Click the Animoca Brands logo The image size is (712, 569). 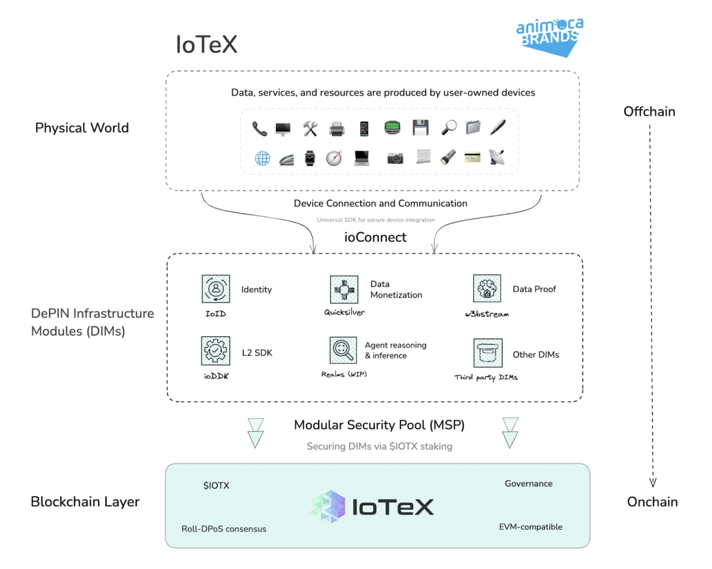(550, 37)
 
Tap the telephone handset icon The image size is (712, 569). (259, 129)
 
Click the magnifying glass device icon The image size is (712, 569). (449, 127)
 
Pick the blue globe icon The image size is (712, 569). (262, 158)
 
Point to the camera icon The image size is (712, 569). (395, 158)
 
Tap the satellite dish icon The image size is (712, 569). (497, 157)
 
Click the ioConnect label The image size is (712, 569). (375, 237)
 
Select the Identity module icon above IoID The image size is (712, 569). (216, 289)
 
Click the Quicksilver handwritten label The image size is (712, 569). (344, 312)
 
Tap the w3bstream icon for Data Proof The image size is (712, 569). (487, 288)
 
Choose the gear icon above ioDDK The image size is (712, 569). (216, 351)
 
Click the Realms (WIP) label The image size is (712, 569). (344, 374)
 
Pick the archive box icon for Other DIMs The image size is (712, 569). (488, 353)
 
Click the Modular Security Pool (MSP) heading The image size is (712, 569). (379, 425)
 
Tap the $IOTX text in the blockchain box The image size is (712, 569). (216, 486)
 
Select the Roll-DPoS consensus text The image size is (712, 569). (224, 529)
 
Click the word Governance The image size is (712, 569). (528, 484)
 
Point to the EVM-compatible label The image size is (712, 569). (530, 527)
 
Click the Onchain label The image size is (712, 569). (652, 502)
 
